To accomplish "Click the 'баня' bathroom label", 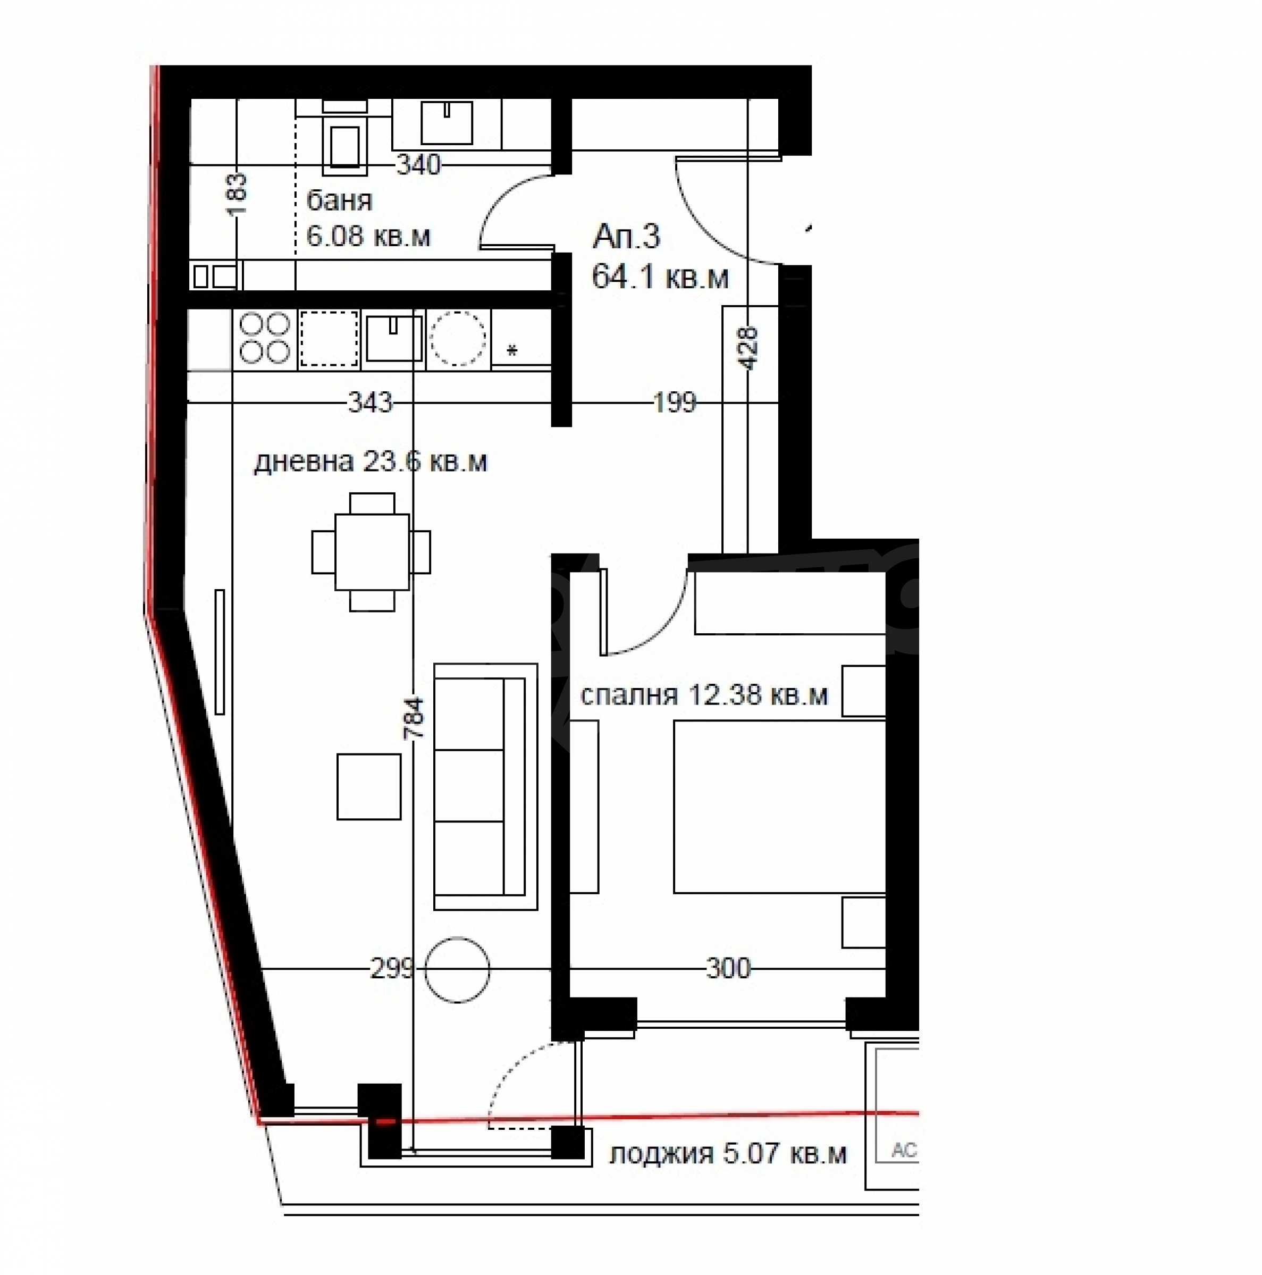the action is coord(339,200).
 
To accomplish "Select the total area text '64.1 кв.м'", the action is coord(660,276).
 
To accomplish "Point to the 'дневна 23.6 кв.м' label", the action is coord(370,462).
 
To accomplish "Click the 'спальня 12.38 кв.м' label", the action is coord(704,695).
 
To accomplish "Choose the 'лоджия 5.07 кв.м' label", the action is coord(728,1154).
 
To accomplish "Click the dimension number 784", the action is coord(416,718).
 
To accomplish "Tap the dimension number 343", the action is coord(369,402).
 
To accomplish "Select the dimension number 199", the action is coord(674,402).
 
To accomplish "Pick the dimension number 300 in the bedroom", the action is coord(728,969).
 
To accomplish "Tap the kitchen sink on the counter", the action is coord(394,338).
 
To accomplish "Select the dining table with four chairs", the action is coord(372,552).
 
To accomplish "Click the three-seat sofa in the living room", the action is coord(485,787).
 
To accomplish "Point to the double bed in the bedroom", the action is coord(779,807).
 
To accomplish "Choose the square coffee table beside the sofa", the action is coord(369,787).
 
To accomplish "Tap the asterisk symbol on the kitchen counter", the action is coord(512,351).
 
